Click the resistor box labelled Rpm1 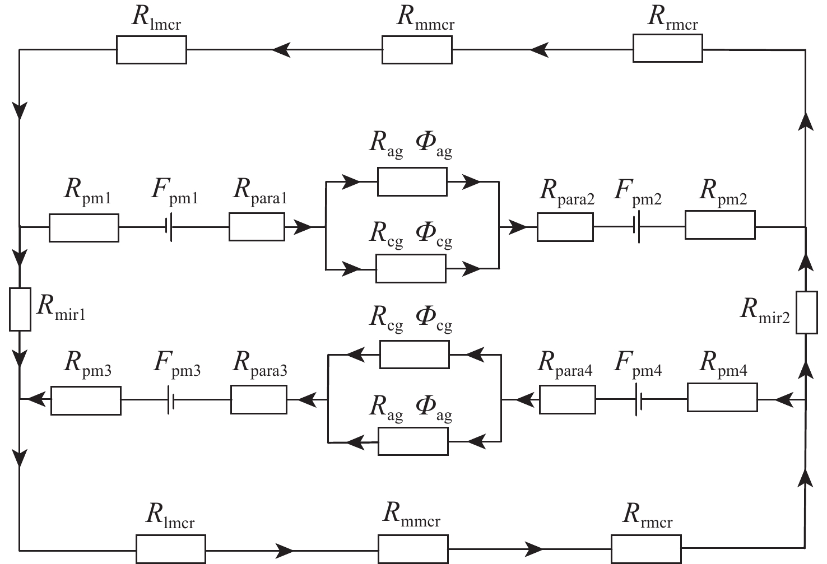click(84, 228)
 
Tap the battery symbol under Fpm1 click(168, 228)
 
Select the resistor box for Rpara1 click(257, 227)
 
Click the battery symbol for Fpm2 click(637, 227)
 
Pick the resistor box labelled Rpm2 click(719, 225)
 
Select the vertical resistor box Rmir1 click(20, 309)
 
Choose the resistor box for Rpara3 click(259, 400)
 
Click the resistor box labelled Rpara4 click(567, 400)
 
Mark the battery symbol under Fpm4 click(639, 400)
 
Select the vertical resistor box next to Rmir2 click(806, 313)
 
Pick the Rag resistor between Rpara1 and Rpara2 click(412, 181)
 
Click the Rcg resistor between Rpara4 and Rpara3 click(414, 355)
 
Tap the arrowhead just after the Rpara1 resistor click(303, 227)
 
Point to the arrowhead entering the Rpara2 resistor click(519, 227)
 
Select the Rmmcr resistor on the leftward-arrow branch click(417, 49)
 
